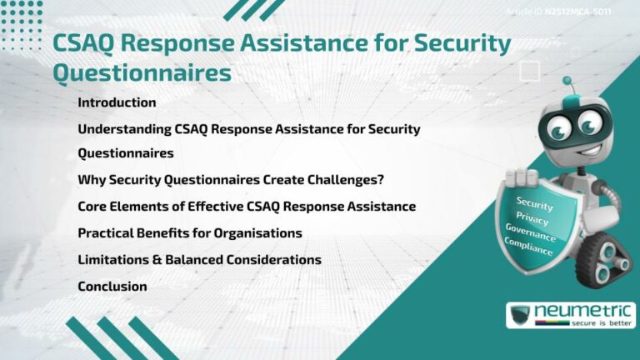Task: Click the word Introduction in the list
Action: [x=117, y=102]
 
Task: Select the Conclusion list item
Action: [x=112, y=286]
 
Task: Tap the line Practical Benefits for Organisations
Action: [x=189, y=232]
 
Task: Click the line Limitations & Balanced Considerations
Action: [x=199, y=259]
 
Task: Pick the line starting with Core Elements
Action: [x=246, y=206]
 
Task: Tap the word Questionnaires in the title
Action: [x=142, y=73]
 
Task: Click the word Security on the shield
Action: [x=534, y=203]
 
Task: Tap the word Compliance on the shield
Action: [x=527, y=246]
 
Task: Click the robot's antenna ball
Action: [x=567, y=81]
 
